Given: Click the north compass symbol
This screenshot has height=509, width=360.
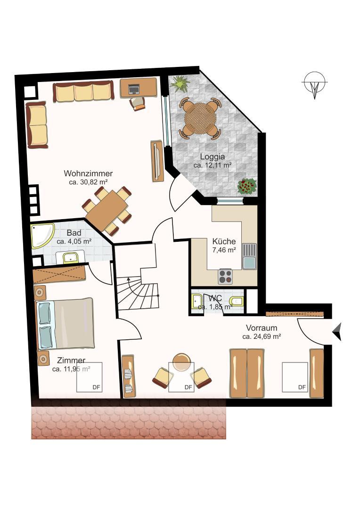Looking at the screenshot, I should [314, 85].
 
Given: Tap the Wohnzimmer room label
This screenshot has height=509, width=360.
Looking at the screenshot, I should [89, 173].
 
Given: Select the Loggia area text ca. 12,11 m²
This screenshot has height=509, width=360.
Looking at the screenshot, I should [212, 165].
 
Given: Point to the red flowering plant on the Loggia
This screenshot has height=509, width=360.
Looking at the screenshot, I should [247, 186].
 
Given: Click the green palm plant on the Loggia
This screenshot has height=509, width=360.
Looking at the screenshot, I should [180, 84].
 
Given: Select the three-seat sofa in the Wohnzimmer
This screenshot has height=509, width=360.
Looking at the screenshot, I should [83, 91].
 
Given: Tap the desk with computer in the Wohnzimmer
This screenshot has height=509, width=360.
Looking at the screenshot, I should [138, 88].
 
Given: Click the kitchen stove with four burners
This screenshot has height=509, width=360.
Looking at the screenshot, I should [225, 276].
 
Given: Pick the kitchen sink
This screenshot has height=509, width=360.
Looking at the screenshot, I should [249, 256].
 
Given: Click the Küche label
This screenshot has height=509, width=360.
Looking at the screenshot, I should [224, 241].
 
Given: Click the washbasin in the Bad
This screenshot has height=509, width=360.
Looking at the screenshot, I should [71, 257].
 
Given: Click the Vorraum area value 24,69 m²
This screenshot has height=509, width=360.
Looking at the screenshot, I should [262, 337].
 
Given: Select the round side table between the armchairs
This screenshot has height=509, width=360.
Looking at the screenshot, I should [181, 362].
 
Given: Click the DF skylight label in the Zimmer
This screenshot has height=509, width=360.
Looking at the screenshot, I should [96, 387].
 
